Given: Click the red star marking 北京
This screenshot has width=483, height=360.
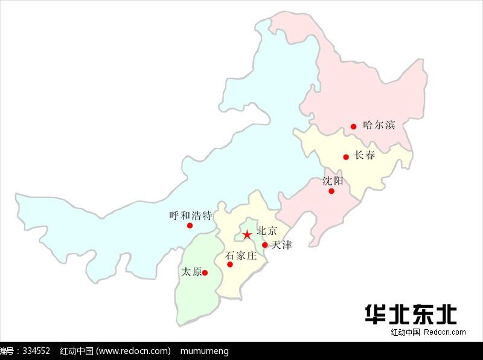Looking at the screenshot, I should click(247, 234).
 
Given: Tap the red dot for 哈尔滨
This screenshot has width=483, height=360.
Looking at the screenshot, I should click(354, 126).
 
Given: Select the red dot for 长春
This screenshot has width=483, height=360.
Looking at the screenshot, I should click(346, 157).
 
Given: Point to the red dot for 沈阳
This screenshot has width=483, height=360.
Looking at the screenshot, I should click(331, 191).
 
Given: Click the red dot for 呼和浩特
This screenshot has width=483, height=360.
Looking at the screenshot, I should click(190, 225).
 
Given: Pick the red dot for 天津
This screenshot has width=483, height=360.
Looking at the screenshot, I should click(264, 245).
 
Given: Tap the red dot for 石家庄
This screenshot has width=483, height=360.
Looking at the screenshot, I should click(230, 264).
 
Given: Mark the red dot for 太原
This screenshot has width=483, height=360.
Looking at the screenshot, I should click(205, 272).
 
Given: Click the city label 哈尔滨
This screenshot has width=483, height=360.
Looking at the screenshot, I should click(379, 125).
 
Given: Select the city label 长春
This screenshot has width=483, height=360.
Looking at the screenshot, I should click(365, 155).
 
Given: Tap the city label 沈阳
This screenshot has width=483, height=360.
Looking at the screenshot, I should click(333, 180).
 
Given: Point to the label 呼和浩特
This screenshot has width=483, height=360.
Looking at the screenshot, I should click(191, 215).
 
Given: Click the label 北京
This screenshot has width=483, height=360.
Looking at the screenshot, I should click(267, 230).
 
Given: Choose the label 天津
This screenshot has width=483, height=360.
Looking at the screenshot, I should click(281, 245).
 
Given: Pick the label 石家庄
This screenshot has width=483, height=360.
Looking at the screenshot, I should click(241, 256).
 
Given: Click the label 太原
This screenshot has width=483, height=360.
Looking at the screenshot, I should click(191, 272).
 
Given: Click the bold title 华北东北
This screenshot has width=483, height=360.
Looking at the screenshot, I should click(411, 313).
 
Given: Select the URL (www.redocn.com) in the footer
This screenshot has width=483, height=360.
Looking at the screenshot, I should click(133, 351).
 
